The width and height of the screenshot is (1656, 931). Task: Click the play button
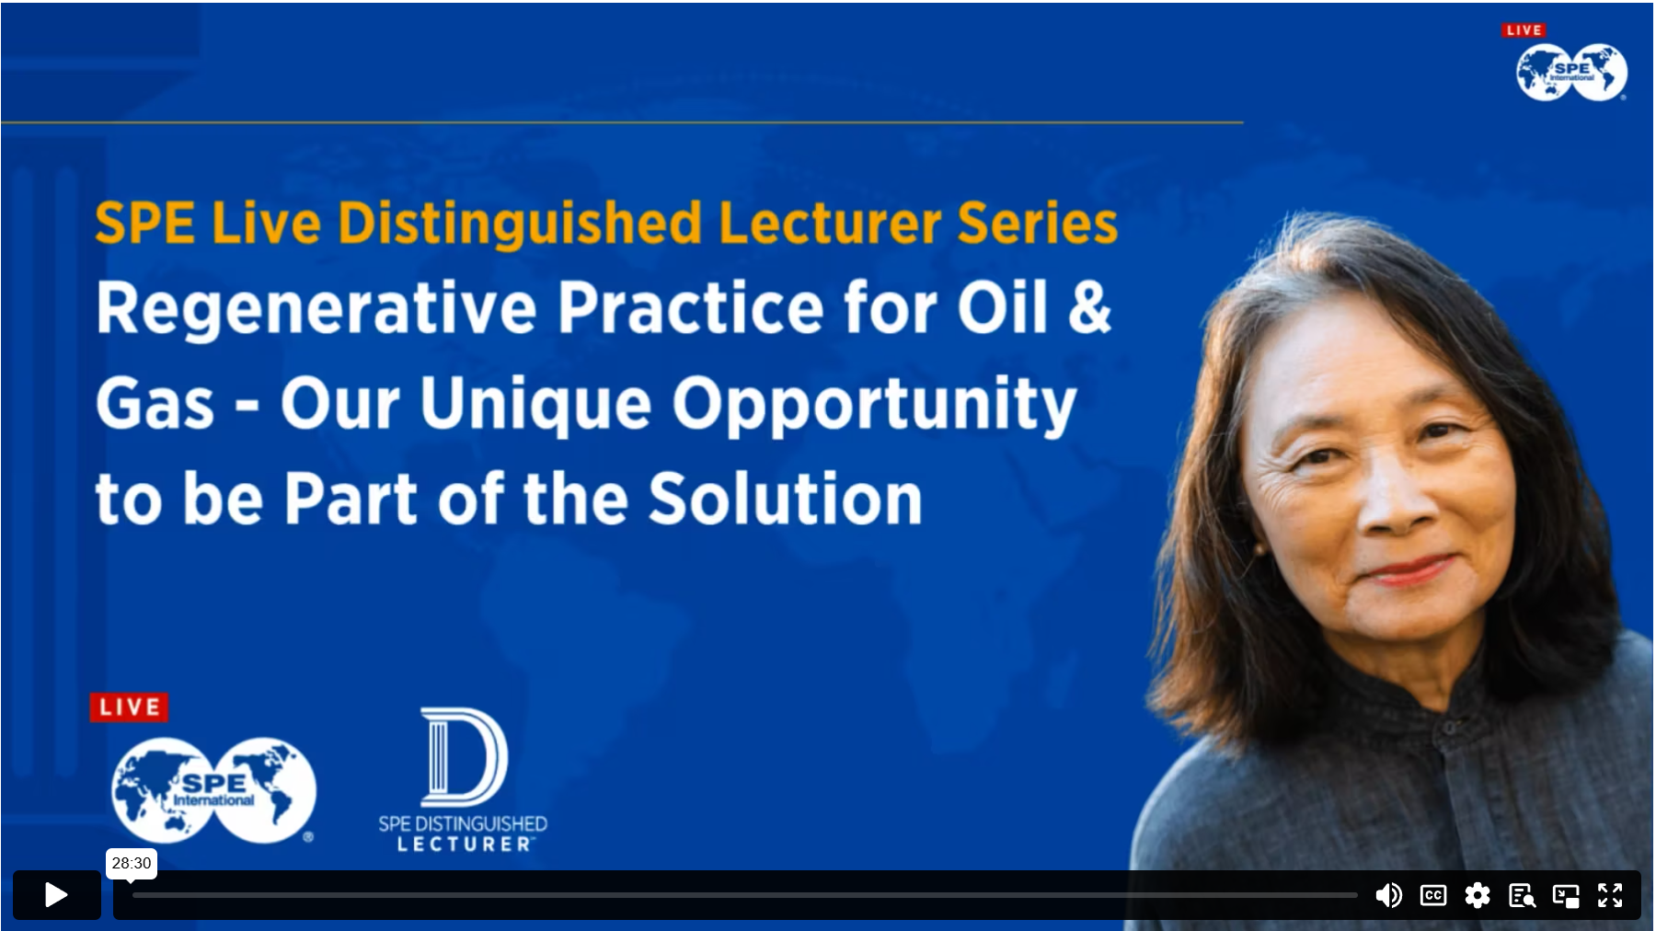click(56, 894)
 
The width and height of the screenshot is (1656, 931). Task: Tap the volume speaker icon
click(1388, 895)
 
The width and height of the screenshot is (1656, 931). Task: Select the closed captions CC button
click(1433, 895)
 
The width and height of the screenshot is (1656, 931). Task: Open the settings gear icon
click(1478, 895)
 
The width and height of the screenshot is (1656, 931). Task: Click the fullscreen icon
click(1610, 895)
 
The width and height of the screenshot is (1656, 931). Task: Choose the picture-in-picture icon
click(1566, 895)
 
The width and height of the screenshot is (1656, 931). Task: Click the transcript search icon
click(1522, 895)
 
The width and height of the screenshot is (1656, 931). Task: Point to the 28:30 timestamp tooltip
click(132, 863)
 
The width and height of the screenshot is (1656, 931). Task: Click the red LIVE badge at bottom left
click(129, 707)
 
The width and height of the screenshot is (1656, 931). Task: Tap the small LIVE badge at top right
click(1524, 30)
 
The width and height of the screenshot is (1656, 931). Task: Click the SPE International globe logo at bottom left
click(213, 790)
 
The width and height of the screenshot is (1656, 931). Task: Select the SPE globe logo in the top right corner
click(1571, 72)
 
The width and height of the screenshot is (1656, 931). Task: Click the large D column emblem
click(464, 756)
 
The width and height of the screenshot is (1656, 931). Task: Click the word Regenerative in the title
click(316, 308)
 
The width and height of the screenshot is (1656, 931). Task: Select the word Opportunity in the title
click(874, 405)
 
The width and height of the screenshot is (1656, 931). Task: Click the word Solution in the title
click(785, 499)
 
